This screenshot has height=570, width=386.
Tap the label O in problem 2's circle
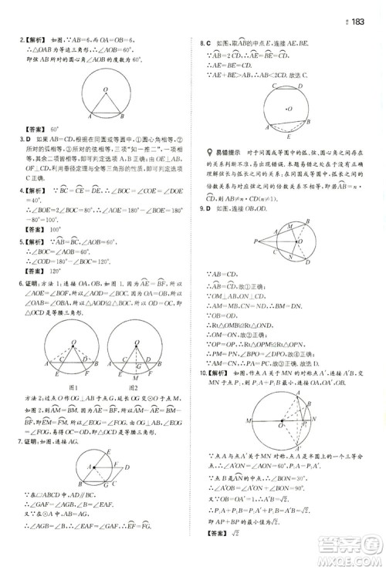pyautogui.click(x=106, y=89)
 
